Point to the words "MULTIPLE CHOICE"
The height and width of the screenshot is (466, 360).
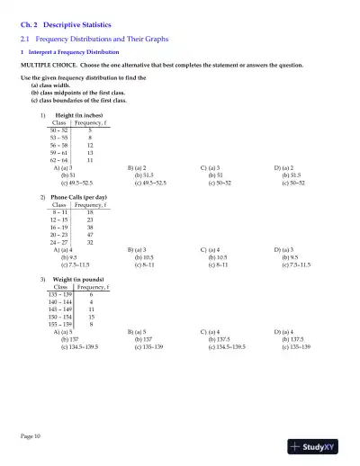[x=40, y=66]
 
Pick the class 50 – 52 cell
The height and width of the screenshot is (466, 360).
[x=59, y=130]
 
